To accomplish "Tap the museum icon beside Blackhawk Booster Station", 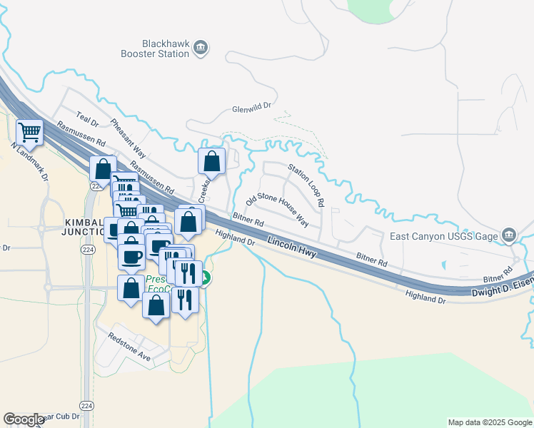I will (201, 48).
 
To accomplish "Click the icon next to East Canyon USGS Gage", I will (508, 235).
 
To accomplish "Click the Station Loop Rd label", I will (306, 185).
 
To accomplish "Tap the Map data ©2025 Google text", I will (490, 422).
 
